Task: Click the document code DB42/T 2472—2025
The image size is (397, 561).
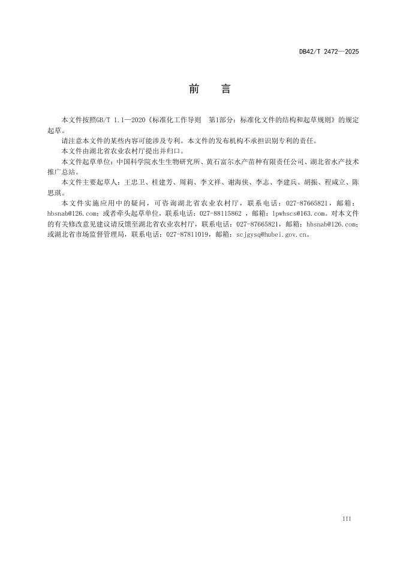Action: click(x=329, y=52)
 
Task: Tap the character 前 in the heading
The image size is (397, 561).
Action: click(x=194, y=89)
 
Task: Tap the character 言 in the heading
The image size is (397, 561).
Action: click(x=225, y=89)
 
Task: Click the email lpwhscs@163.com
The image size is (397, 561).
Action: click(x=297, y=213)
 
